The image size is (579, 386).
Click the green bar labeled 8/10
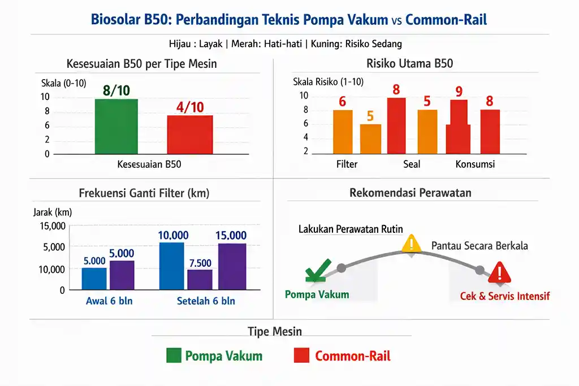tap(116, 127)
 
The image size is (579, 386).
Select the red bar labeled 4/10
tap(190, 135)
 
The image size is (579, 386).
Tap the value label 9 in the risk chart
tap(459, 91)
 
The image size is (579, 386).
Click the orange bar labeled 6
tap(343, 132)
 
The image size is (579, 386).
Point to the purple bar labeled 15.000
tap(232, 266)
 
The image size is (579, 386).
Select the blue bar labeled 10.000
tap(172, 266)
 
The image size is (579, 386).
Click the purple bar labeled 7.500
tap(200, 280)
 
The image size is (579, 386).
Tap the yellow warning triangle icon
tap(412, 244)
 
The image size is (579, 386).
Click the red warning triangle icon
tap(500, 273)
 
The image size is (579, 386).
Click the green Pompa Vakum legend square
tap(174, 355)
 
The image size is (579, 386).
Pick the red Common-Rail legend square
tap(301, 355)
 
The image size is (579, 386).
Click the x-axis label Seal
tap(412, 164)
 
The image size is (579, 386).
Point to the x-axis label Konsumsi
tap(475, 164)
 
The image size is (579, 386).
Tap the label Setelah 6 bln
tap(206, 301)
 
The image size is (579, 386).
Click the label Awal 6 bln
tap(109, 301)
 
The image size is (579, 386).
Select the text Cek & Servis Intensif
tap(505, 296)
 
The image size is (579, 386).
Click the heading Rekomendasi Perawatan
tap(411, 193)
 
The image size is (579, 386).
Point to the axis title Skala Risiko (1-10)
tap(329, 81)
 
